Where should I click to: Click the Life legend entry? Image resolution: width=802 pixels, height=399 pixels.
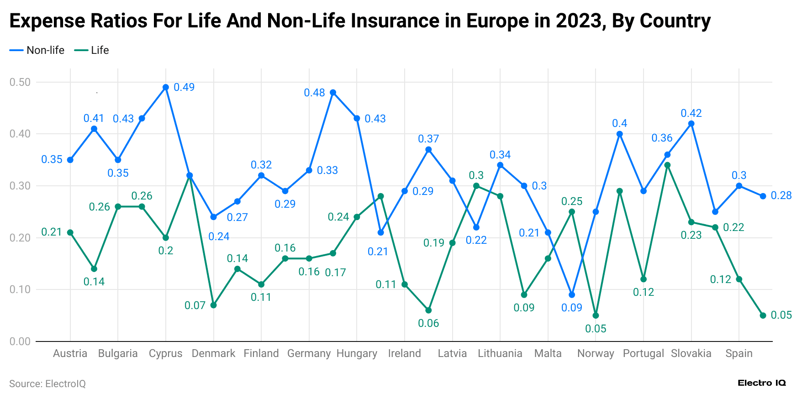[x=93, y=50]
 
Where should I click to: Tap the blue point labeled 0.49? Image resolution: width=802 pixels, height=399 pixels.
[x=166, y=87]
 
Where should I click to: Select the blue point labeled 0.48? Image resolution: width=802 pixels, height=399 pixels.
[x=333, y=92]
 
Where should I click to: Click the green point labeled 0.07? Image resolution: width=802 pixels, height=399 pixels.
[x=213, y=305]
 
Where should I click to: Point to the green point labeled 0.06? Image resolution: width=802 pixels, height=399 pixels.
[x=428, y=310]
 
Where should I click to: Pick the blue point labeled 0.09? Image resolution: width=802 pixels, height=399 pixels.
[x=572, y=295]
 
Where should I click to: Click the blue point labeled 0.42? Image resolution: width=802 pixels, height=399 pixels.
[x=691, y=124]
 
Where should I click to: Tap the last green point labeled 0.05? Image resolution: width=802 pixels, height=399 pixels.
[x=763, y=315]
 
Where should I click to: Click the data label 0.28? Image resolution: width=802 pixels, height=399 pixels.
[x=781, y=195]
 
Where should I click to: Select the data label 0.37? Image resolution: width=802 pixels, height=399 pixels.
[x=428, y=139]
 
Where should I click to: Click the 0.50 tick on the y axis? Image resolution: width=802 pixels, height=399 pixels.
[x=20, y=82]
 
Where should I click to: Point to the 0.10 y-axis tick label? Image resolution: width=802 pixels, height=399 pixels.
[x=20, y=289]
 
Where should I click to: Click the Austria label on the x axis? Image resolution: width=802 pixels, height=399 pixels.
[x=70, y=353]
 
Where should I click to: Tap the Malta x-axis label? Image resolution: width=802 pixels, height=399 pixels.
[x=548, y=353]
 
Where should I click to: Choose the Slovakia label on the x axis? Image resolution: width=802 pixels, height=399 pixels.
[x=691, y=353]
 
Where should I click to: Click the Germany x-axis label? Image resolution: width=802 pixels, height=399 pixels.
[x=309, y=353]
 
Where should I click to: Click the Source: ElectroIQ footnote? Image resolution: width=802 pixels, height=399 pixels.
[x=47, y=383]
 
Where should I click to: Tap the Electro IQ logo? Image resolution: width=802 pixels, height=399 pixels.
[x=761, y=383]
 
